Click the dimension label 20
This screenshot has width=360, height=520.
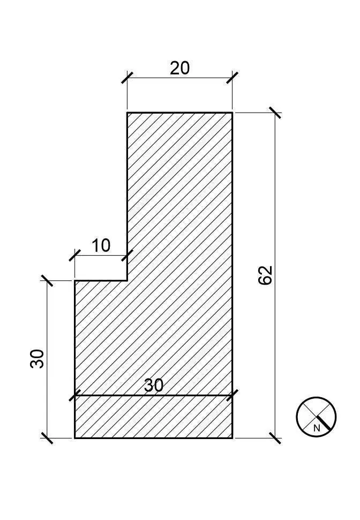click(179, 68)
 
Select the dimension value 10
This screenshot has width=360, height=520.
click(101, 246)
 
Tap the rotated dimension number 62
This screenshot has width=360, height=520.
click(265, 275)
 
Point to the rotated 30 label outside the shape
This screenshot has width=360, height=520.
click(37, 359)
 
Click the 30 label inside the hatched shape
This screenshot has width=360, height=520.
click(154, 385)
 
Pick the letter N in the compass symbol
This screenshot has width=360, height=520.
click(317, 428)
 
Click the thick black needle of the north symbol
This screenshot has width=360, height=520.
click(324, 422)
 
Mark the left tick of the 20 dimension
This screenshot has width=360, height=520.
click(127, 78)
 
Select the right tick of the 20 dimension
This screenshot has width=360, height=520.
click(232, 78)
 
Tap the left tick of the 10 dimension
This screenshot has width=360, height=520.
click(75, 255)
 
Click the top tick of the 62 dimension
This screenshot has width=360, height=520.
click(275, 113)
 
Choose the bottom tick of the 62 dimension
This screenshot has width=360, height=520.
click(275, 438)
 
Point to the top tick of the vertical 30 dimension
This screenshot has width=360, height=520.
click(47, 280)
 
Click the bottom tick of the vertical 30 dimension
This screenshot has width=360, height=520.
click(47, 438)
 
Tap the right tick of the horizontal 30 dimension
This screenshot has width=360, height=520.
click(232, 395)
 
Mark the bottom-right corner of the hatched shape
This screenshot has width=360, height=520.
click(232, 438)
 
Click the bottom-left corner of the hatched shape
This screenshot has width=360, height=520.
click(75, 438)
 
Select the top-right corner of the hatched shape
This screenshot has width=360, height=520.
click(232, 113)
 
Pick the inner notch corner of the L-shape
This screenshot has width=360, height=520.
click(127, 280)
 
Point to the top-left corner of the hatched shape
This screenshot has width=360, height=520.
click(127, 113)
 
